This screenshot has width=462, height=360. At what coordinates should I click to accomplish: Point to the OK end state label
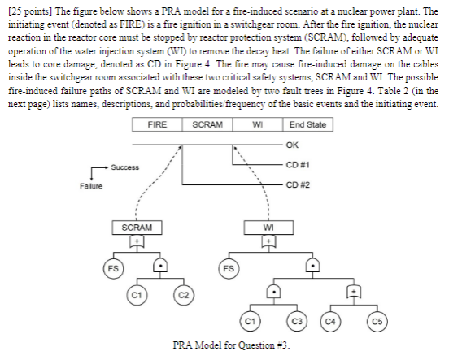click(x=293, y=145)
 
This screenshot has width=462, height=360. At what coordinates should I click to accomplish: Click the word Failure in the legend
click(x=91, y=186)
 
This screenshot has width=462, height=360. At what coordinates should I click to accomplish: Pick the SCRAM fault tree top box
click(x=138, y=227)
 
